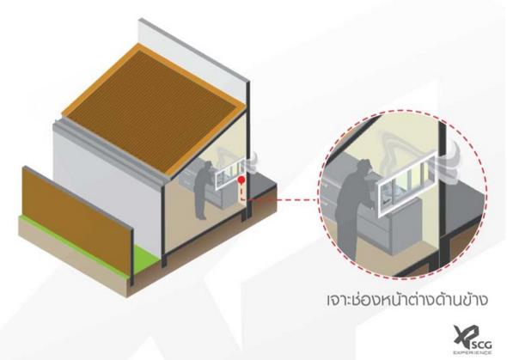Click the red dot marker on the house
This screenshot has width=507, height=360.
pyautogui.click(x=241, y=180)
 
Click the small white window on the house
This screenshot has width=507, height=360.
pyautogui.click(x=229, y=174)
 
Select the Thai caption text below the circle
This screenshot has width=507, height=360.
pyautogui.click(x=406, y=300)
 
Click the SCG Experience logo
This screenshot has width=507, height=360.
pyautogui.click(x=473, y=340)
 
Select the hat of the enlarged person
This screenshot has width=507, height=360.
pyautogui.click(x=364, y=164)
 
